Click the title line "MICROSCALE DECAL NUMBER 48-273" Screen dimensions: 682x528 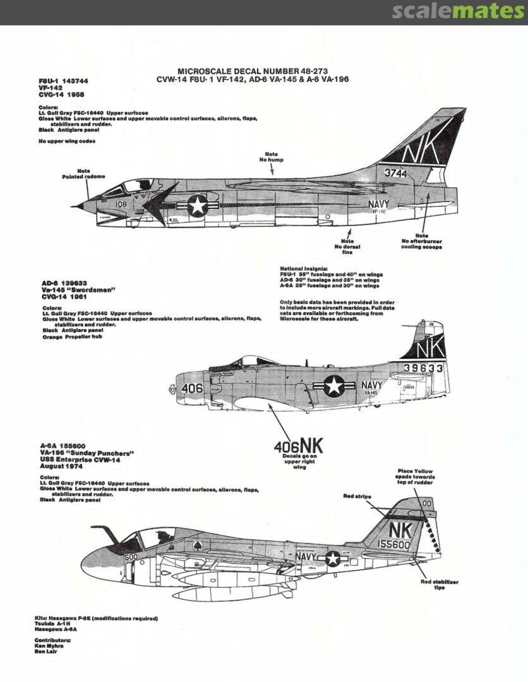[252, 71]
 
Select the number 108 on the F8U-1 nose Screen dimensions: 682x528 [121, 204]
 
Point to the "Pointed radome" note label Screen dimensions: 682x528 [83, 174]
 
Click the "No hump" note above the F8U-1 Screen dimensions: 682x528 [271, 157]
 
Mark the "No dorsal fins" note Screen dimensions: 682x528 [347, 244]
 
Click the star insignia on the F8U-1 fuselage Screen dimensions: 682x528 [198, 205]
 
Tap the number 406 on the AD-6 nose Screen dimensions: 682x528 [191, 389]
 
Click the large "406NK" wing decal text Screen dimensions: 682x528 [298, 446]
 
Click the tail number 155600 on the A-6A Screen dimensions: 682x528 [395, 543]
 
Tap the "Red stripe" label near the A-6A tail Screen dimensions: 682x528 [357, 497]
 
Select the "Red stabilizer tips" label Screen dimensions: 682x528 [439, 584]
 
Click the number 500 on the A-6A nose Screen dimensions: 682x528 [131, 557]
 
